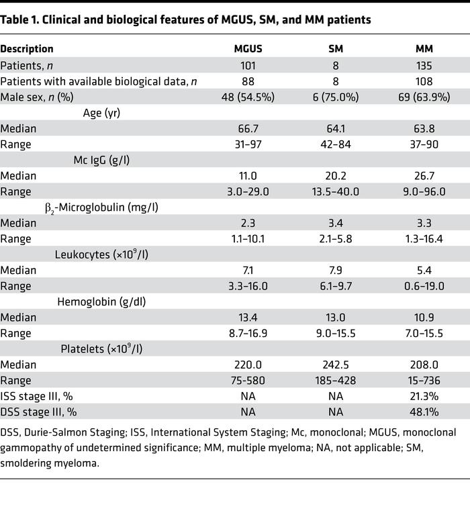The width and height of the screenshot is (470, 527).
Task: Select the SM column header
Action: coord(338,49)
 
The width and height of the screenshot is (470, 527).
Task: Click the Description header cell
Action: coord(27,49)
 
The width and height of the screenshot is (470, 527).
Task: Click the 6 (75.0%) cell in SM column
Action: coord(338,97)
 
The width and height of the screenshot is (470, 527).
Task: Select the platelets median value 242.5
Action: coord(338,365)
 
